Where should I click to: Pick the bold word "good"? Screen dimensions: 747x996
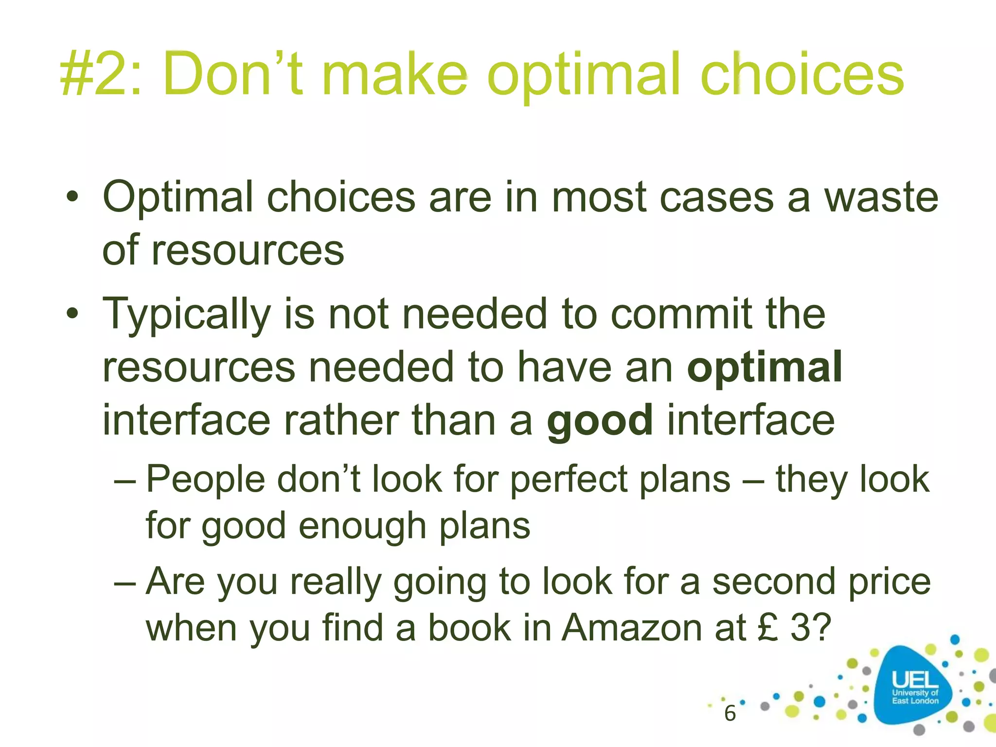click(600, 421)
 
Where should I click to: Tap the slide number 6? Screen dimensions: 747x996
click(729, 713)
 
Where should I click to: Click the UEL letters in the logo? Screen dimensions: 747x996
click(914, 679)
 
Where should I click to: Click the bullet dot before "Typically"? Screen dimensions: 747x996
click(73, 314)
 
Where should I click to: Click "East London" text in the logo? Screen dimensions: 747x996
click(915, 701)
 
